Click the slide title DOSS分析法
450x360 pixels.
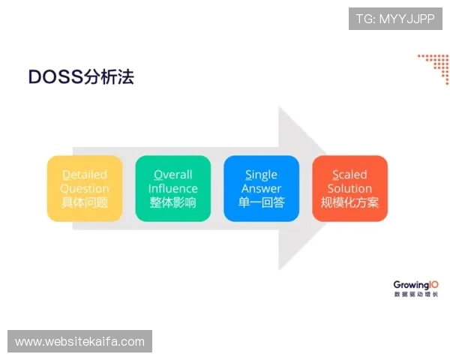pyautogui.click(x=81, y=76)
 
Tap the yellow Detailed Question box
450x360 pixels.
pyautogui.click(x=85, y=188)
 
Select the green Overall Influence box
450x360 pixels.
pyautogui.click(x=173, y=188)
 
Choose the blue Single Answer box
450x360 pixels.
pyautogui.click(x=261, y=188)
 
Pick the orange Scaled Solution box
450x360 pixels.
pyautogui.click(x=349, y=188)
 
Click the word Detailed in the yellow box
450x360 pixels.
pyautogui.click(x=85, y=175)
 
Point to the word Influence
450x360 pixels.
pyautogui.click(x=173, y=189)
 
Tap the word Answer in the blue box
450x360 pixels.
pyautogui.click(x=261, y=189)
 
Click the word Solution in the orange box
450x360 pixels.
pyautogui.click(x=349, y=189)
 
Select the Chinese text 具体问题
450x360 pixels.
pyautogui.click(x=85, y=202)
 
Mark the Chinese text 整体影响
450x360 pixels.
pyautogui.click(x=173, y=202)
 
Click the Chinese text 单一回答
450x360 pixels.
pyautogui.click(x=261, y=202)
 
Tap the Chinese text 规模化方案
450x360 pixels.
pyautogui.click(x=349, y=202)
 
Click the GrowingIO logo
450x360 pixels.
pyautogui.click(x=415, y=288)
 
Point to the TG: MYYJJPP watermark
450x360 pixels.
pyautogui.click(x=395, y=19)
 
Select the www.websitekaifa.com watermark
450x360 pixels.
pyautogui.click(x=80, y=342)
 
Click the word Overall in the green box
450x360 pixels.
pyautogui.click(x=173, y=175)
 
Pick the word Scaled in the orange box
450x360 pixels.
pyautogui.click(x=349, y=175)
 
